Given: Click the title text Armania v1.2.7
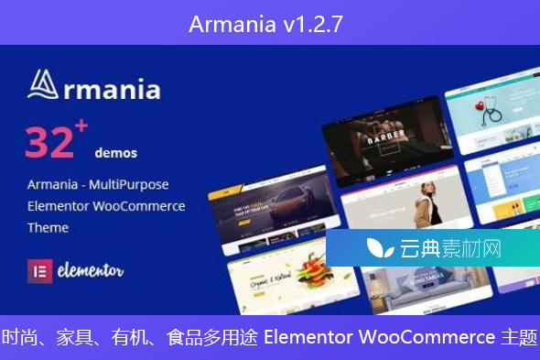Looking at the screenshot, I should (x=266, y=23).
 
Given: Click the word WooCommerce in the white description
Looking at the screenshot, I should (x=143, y=206).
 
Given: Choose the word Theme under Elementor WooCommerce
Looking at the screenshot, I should (x=47, y=226).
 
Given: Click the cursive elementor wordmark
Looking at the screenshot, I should (x=88, y=271).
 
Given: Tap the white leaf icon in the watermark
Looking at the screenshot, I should (x=374, y=248).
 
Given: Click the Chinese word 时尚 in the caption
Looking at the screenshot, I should (x=20, y=337).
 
